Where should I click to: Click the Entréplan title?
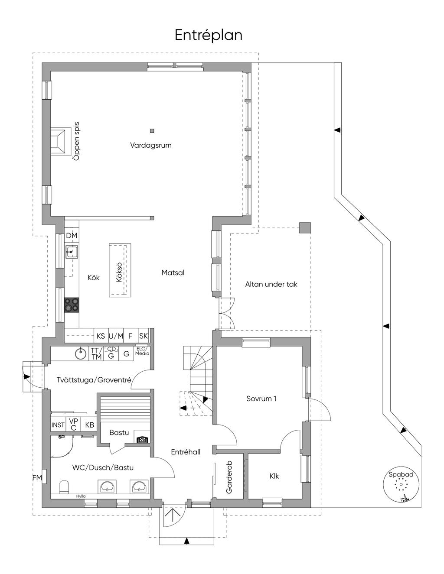point(209,35)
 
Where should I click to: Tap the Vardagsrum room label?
point(150,145)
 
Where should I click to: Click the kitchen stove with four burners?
point(72,305)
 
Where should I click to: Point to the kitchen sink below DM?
point(72,252)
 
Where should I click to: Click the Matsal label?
point(173,272)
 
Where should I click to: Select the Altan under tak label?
point(271,284)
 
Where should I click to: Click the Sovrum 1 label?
point(261,399)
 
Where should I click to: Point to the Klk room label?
point(274,476)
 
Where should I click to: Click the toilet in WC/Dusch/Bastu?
point(64,486)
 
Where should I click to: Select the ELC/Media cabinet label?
point(142,351)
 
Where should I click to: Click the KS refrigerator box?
point(101,336)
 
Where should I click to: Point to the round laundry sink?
point(80,354)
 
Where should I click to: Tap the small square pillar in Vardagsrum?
point(152,130)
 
